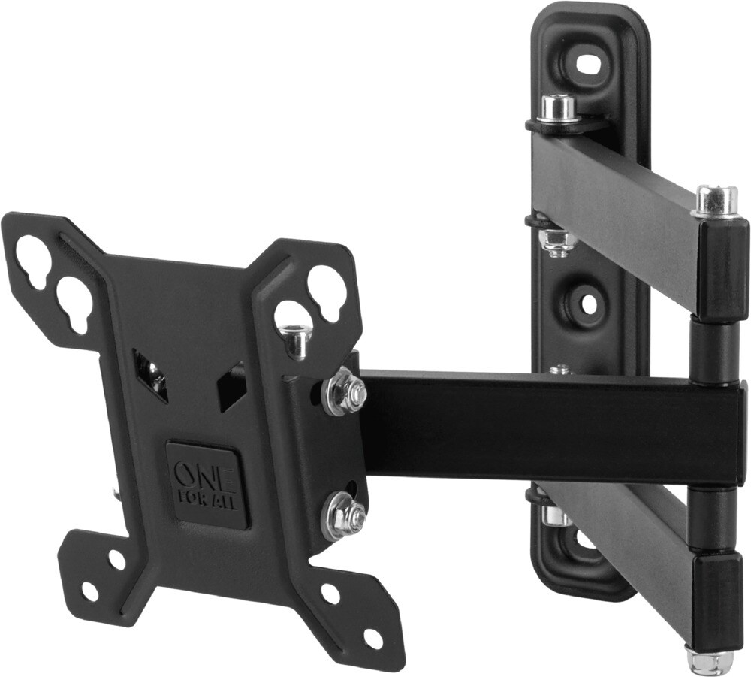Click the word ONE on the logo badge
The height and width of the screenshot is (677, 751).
pos(195,475)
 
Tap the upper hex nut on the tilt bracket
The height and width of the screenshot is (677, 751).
pos(343,391)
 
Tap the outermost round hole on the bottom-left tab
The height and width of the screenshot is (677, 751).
pos(89,591)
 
